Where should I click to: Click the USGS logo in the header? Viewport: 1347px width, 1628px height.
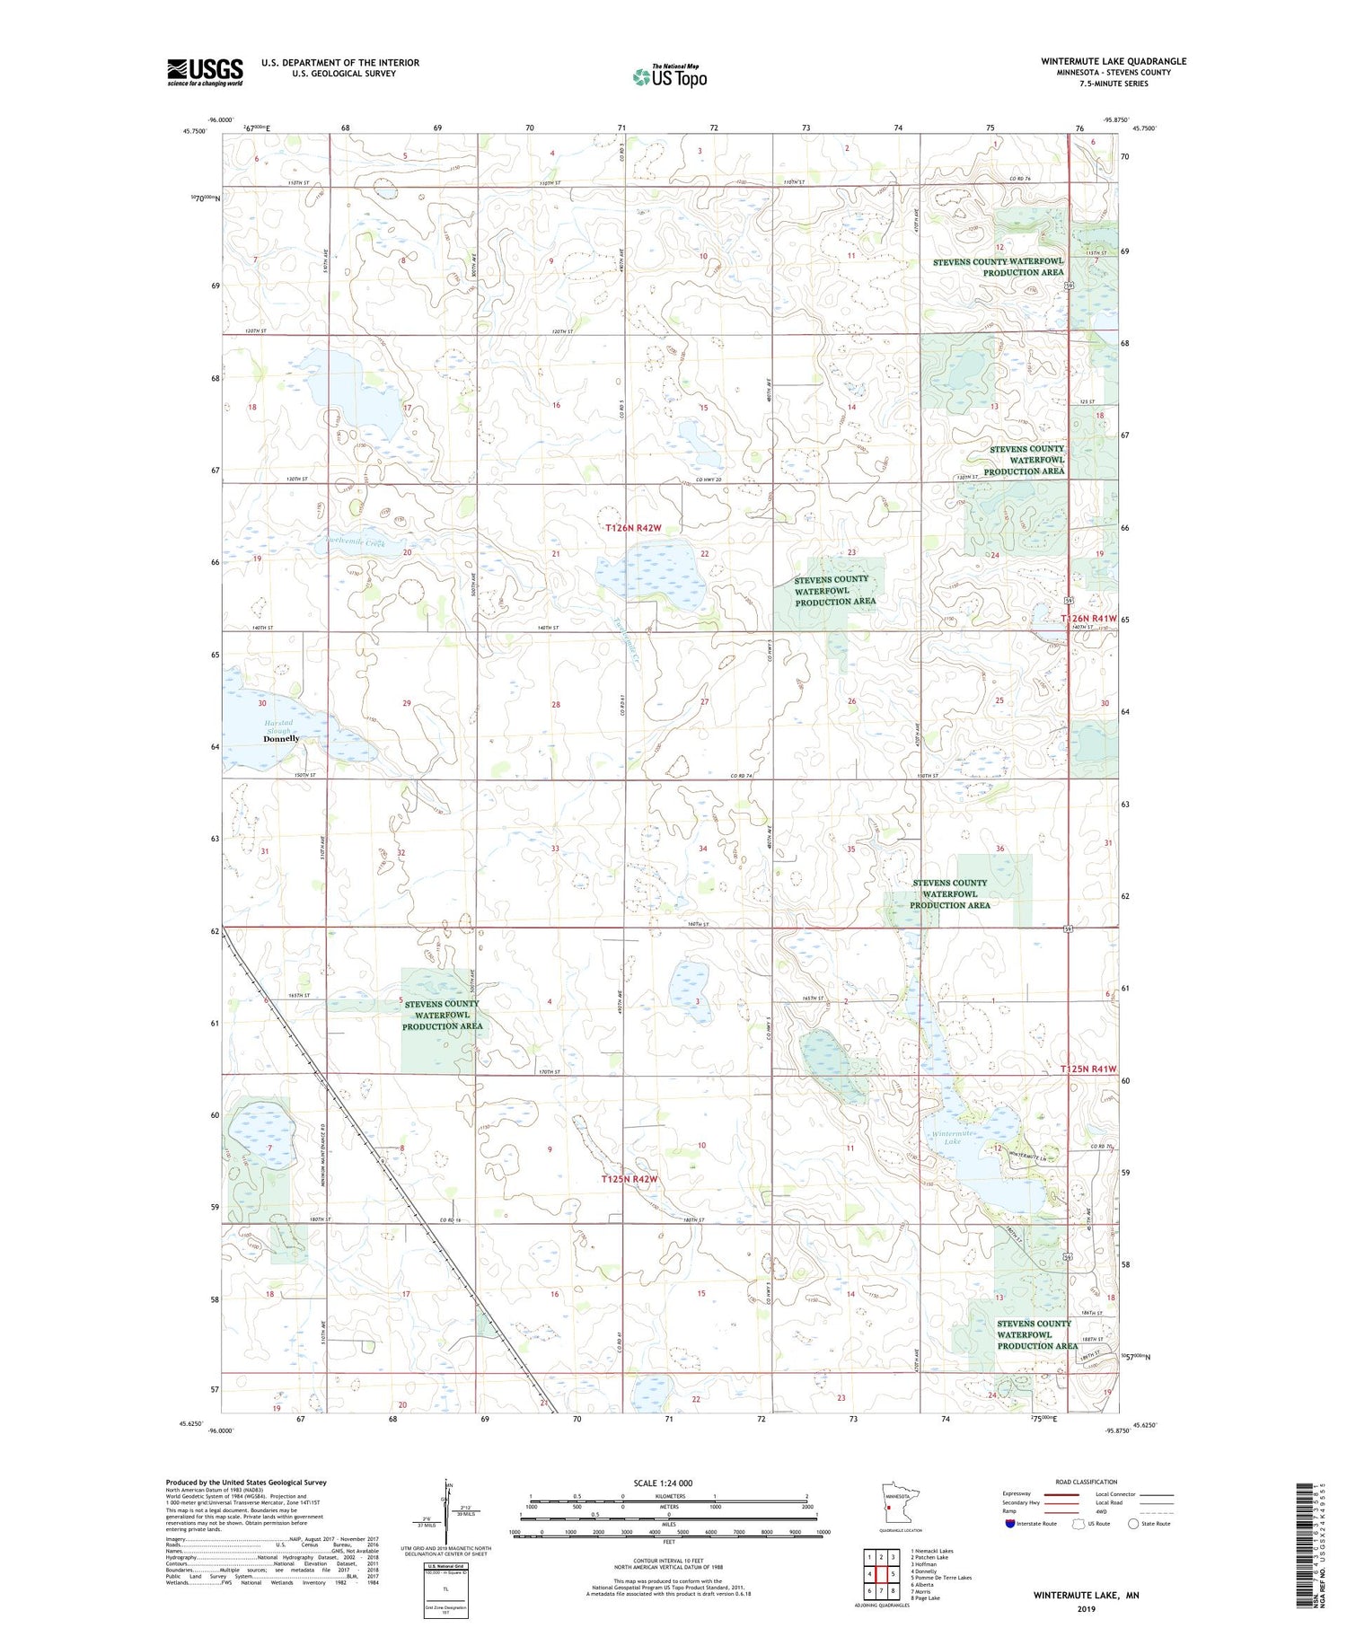coord(205,72)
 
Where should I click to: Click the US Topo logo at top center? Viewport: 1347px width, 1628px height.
coord(669,77)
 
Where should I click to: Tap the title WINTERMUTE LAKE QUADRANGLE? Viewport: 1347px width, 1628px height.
coord(1114,61)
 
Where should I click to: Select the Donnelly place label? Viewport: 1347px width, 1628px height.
coord(281,739)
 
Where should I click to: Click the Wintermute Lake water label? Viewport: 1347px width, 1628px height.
coord(952,1137)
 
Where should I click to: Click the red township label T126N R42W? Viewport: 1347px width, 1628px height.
coord(633,528)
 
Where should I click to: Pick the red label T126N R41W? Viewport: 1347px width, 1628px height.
coord(1088,619)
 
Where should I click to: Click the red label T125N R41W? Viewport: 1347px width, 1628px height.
coord(1088,1069)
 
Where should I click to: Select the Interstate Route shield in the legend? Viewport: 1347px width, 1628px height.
coord(1010,1524)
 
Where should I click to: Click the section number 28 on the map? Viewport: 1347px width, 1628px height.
coord(556,705)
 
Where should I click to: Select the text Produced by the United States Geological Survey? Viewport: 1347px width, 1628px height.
coord(246,1483)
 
